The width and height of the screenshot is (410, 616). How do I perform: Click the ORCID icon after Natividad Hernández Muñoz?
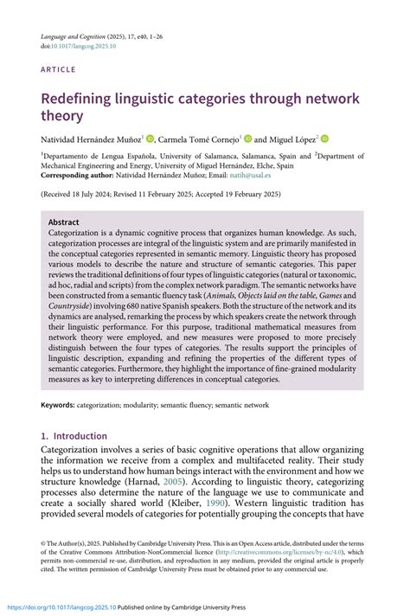(150, 138)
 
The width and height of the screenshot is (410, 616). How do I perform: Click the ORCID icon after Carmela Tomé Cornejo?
(247, 138)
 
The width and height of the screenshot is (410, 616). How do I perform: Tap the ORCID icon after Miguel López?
(325, 138)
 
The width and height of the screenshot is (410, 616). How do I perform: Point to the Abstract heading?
(64, 221)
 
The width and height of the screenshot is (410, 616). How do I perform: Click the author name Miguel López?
(293, 139)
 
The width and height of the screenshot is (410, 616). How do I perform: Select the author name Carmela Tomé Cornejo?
(199, 139)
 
